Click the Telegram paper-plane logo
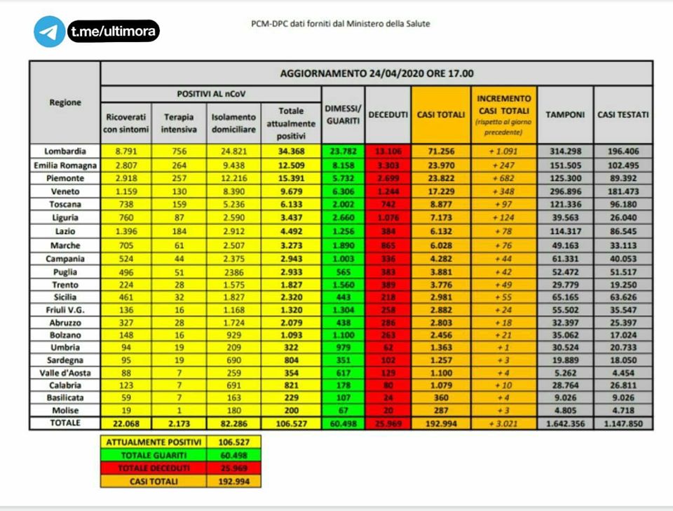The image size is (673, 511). [49, 32]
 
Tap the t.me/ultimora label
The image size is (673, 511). [114, 31]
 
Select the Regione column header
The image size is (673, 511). [65, 102]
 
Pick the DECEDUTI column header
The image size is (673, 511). [388, 114]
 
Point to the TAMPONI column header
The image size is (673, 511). [565, 114]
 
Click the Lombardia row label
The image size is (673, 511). [65, 151]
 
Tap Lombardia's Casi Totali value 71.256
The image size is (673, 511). [440, 151]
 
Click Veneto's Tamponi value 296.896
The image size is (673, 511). [565, 191]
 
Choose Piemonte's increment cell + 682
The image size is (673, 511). [503, 177]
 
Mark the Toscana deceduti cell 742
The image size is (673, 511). [388, 204]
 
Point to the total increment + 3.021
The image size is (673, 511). [503, 423]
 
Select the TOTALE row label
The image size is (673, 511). [65, 423]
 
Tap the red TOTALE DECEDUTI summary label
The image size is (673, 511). [154, 468]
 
